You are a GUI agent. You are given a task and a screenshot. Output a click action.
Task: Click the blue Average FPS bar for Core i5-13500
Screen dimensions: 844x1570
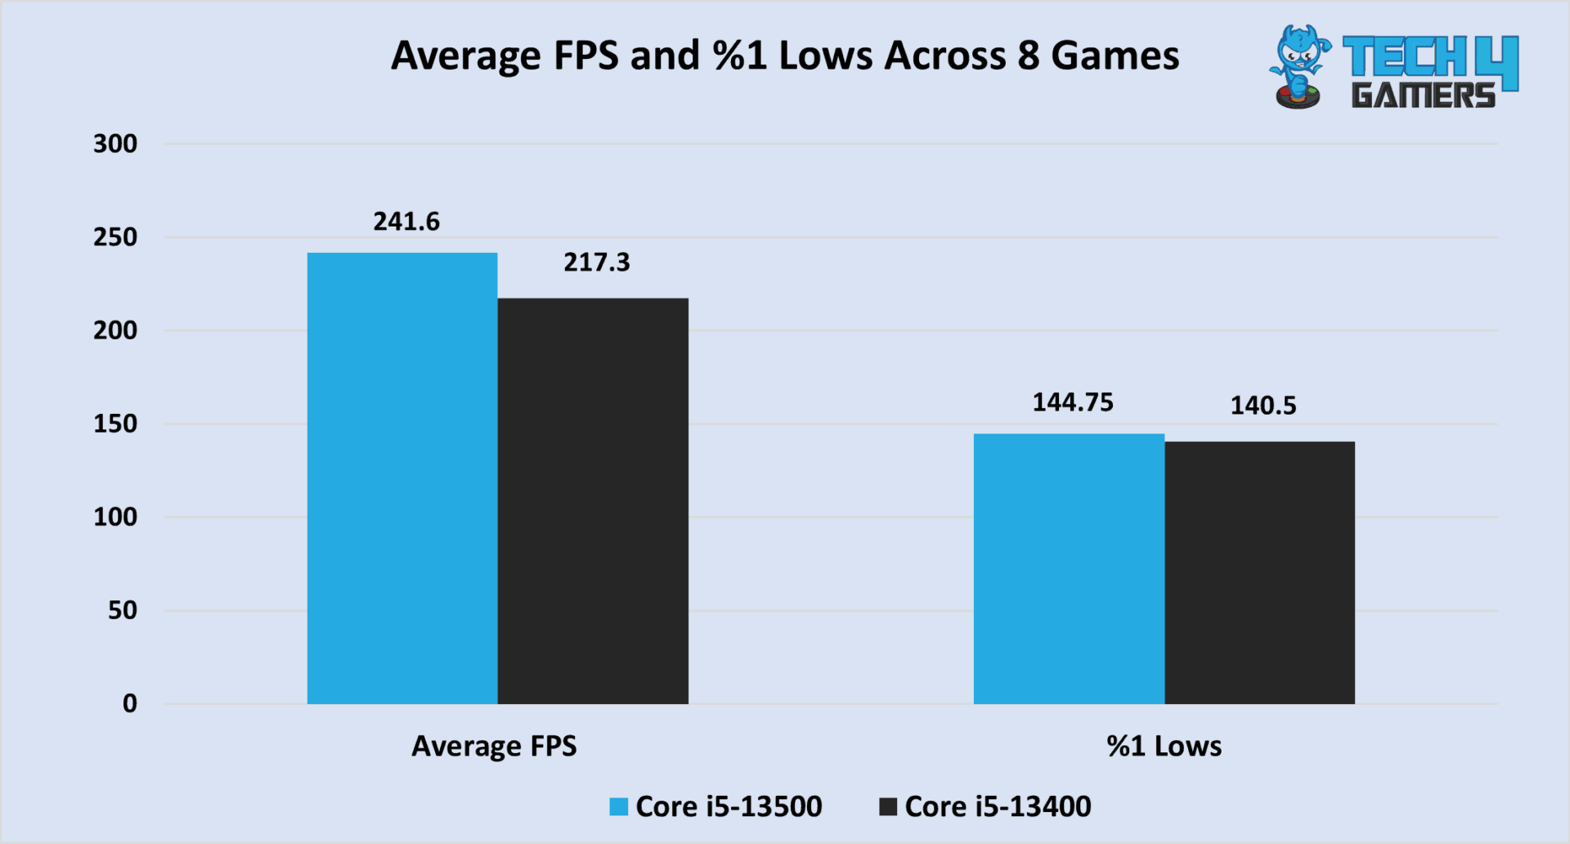pyautogui.click(x=402, y=478)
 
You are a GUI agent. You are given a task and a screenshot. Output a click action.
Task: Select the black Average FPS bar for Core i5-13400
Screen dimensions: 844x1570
pyautogui.click(x=593, y=501)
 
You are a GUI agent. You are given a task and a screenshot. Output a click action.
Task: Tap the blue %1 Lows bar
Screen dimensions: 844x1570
pyautogui.click(x=1069, y=568)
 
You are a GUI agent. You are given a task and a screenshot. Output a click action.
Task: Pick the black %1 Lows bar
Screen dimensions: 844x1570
pyautogui.click(x=1259, y=572)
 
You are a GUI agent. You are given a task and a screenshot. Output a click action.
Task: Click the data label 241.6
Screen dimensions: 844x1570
pyautogui.click(x=406, y=222)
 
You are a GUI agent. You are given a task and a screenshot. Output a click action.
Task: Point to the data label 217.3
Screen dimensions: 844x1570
pyautogui.click(x=597, y=263)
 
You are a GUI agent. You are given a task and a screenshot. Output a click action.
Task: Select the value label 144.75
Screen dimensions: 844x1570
pyautogui.click(x=1073, y=402)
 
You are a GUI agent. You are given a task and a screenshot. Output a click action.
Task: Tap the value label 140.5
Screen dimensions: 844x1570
pyautogui.click(x=1263, y=406)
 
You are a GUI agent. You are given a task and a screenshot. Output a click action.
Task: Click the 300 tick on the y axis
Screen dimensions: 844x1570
pyautogui.click(x=115, y=144)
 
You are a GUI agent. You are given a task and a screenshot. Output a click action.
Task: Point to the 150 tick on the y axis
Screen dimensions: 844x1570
pyautogui.click(x=115, y=424)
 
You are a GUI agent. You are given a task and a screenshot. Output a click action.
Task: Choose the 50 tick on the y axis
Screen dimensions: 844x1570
pyautogui.click(x=123, y=610)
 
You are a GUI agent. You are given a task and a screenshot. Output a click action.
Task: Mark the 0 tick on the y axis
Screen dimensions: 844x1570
pyautogui.click(x=130, y=703)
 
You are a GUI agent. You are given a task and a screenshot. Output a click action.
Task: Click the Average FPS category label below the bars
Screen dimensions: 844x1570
pyautogui.click(x=494, y=746)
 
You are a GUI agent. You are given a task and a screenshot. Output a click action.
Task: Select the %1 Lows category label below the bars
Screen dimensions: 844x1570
pyautogui.click(x=1164, y=746)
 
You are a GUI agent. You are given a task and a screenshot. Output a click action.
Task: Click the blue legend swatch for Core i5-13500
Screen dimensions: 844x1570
pyautogui.click(x=619, y=807)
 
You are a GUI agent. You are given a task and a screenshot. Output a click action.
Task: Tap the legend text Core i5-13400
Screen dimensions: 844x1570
pyautogui.click(x=998, y=807)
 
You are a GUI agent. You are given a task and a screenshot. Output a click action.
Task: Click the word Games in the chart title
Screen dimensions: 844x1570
pyautogui.click(x=1115, y=56)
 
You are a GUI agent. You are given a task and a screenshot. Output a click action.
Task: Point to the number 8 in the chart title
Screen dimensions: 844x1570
pyautogui.click(x=1029, y=56)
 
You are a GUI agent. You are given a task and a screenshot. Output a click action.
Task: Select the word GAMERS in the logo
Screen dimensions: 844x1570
pyautogui.click(x=1423, y=96)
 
